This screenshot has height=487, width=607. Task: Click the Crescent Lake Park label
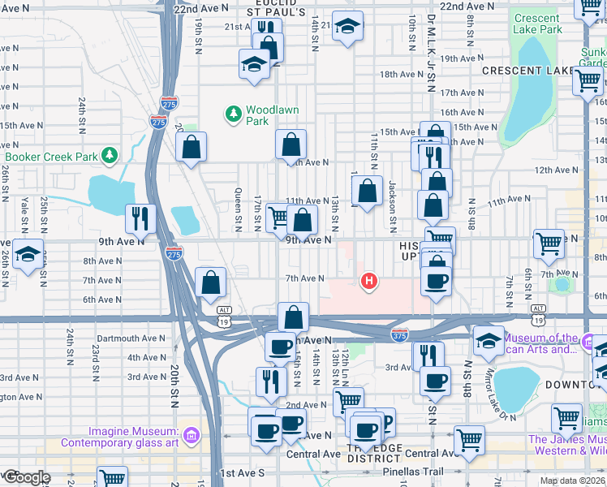[x=537, y=24]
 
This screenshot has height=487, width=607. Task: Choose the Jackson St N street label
[x=392, y=203]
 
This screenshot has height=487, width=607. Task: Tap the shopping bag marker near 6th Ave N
[x=211, y=283]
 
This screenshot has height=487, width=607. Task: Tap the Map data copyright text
[x=572, y=481]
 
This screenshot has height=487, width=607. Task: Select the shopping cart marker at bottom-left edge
[x=112, y=479]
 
